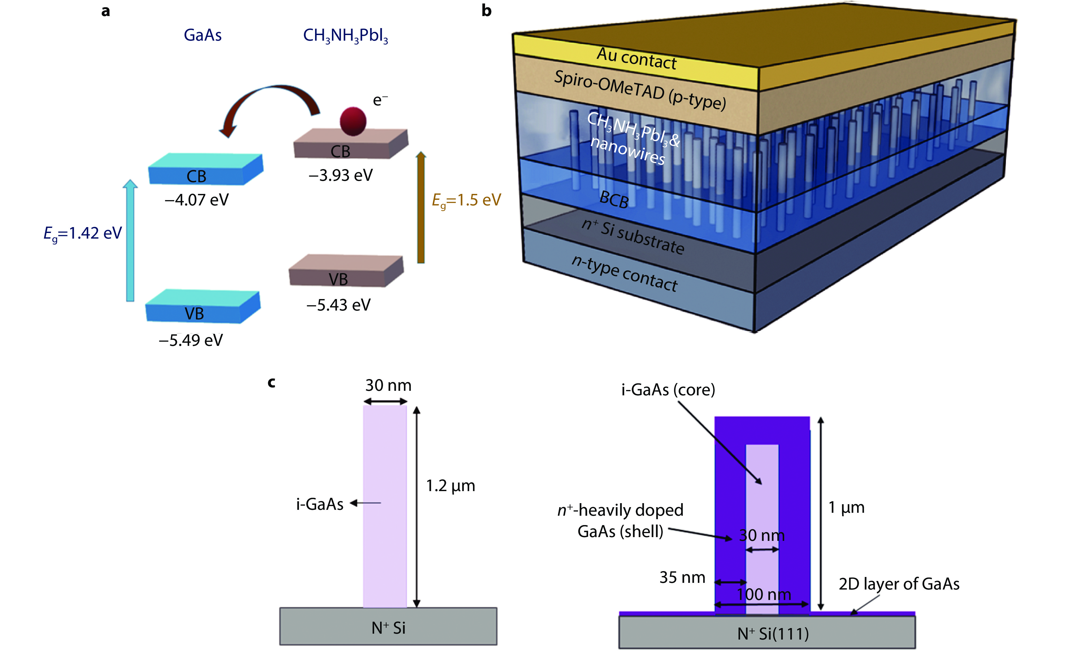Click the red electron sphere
point(353,121)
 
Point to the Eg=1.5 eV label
point(466,200)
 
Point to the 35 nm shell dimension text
point(682,577)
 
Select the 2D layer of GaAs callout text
point(899,584)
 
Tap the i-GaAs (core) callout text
point(668,390)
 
